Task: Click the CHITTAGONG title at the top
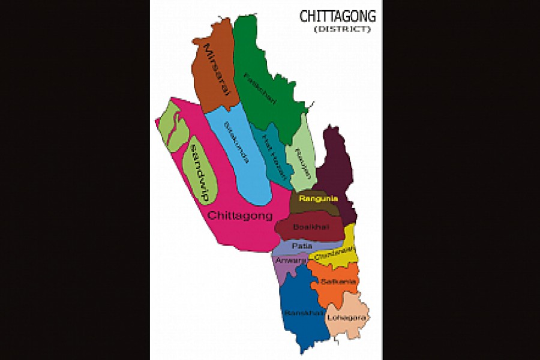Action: (337, 16)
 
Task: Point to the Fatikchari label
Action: (260, 88)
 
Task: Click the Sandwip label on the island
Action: (199, 170)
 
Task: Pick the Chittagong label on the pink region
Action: (240, 216)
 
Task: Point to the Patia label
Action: (302, 246)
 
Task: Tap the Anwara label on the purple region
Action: (290, 260)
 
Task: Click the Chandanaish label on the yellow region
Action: (333, 253)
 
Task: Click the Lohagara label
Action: (348, 318)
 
